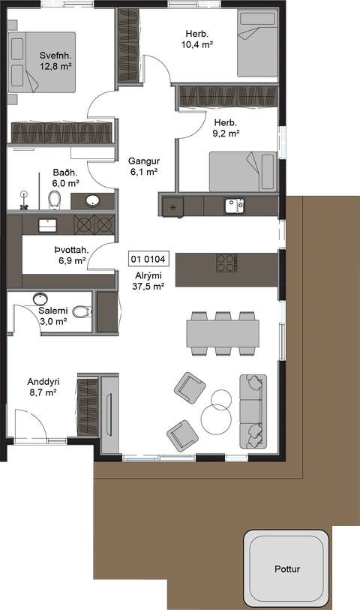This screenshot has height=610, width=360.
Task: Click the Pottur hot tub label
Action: [x=287, y=569]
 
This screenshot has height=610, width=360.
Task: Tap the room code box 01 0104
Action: [x=148, y=259]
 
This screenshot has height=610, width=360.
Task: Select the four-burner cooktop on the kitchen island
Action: [x=226, y=263]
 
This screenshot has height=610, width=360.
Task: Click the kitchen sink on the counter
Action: [x=235, y=206]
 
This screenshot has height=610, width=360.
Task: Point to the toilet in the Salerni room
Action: [x=82, y=312]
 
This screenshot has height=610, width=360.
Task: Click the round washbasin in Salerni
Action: [x=40, y=299]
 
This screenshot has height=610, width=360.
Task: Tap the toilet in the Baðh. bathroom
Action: [x=54, y=199]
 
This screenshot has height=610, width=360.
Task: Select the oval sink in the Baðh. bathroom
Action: [x=93, y=201]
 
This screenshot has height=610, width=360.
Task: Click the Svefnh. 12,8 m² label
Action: [x=55, y=61]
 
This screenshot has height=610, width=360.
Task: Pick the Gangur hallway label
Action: [x=144, y=166]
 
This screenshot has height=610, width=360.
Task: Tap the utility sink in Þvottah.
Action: [x=47, y=225]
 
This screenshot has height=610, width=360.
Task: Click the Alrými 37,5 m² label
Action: [x=148, y=281]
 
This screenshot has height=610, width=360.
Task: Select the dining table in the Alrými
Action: [x=223, y=333]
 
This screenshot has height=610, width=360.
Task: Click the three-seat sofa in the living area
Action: [x=253, y=412]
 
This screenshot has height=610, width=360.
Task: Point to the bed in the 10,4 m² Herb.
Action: [x=257, y=44]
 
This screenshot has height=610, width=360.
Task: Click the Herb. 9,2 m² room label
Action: [x=226, y=128]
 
